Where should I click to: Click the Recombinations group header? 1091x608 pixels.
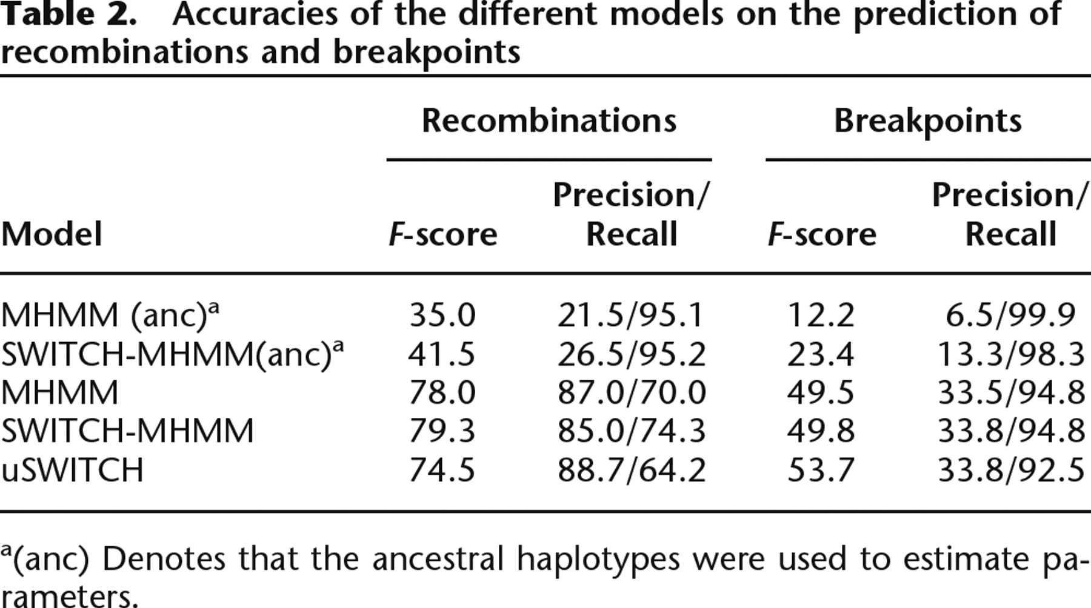[x=549, y=120]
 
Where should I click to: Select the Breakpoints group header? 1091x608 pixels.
[x=927, y=121]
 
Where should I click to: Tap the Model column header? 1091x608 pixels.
[x=52, y=234]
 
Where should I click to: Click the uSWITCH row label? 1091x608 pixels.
[x=72, y=470]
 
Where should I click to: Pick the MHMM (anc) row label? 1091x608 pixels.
[x=110, y=315]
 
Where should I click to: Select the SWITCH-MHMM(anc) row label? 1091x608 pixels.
[x=172, y=354]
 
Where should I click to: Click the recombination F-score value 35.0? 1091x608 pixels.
[x=442, y=315]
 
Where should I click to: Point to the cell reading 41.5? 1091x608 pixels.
[x=441, y=354]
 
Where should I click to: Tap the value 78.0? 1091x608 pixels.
[x=442, y=392]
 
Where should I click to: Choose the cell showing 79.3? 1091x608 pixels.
[x=442, y=431]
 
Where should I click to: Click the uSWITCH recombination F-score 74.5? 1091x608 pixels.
[x=442, y=470]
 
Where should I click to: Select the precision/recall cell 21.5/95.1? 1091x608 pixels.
[x=631, y=315]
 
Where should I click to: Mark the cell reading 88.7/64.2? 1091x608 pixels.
[x=632, y=470]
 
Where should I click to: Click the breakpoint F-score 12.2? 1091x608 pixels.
[x=821, y=315]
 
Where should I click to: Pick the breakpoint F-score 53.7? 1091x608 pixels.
[x=821, y=470]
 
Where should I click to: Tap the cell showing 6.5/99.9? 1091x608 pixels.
[x=1010, y=315]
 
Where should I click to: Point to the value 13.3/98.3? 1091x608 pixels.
[x=1011, y=354]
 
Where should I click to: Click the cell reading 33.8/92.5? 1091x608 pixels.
[x=1011, y=470]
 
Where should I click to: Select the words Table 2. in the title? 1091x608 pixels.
[x=68, y=15]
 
